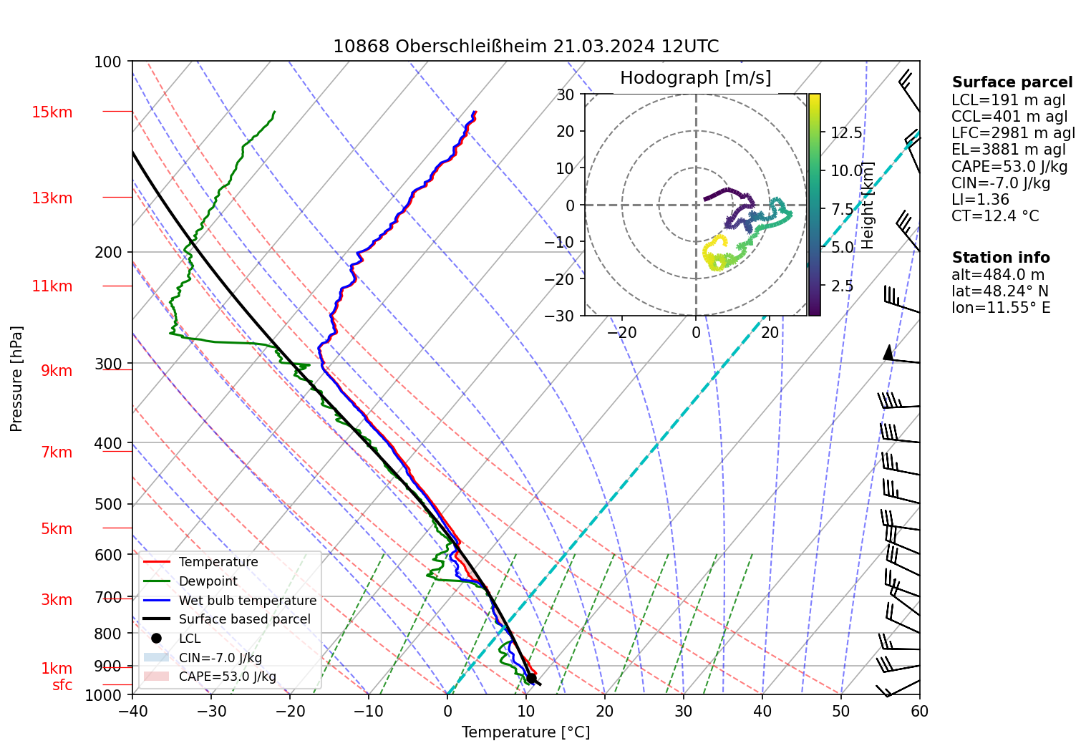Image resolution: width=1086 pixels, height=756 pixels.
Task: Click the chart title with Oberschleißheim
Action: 525,47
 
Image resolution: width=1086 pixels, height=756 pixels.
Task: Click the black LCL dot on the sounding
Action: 531,678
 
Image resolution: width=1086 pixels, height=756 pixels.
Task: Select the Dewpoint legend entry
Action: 208,581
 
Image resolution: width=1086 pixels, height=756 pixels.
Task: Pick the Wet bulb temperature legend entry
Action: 247,601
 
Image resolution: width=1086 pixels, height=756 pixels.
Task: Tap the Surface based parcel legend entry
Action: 244,619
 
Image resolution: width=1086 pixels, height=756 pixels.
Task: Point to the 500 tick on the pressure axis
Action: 108,504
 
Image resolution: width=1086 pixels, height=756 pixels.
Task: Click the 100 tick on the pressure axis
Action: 108,62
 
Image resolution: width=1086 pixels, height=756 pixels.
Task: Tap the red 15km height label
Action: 52,112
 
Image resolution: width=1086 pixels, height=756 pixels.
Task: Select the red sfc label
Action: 62,685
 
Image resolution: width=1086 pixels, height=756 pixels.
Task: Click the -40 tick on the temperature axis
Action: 132,711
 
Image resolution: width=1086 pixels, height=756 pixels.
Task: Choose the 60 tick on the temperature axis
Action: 919,711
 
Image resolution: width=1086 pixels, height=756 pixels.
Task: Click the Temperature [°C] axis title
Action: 525,732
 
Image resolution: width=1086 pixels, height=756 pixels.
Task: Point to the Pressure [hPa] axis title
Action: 16,379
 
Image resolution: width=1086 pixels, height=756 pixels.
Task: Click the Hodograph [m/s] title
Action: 695,78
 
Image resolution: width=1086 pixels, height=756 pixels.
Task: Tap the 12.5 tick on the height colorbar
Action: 846,133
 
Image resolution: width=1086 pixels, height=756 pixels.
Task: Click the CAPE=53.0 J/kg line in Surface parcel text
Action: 1009,167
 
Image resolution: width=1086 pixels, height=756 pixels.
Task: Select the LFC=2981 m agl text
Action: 1013,133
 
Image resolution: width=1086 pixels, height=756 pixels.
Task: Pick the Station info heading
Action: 1000,258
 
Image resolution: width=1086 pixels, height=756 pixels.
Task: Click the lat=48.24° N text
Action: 999,291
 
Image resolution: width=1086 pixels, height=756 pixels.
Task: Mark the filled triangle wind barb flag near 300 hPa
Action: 888,353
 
